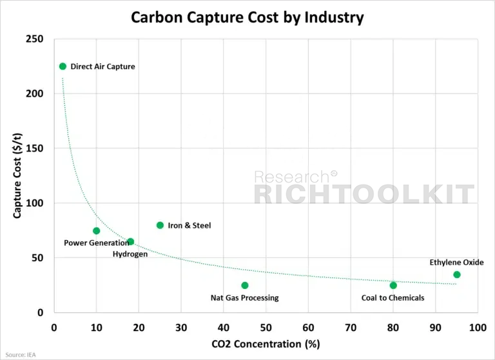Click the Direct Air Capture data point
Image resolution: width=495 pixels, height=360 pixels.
[63, 66]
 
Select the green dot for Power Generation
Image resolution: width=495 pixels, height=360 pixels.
[97, 231]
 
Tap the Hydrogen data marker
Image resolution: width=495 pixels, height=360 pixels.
[130, 242]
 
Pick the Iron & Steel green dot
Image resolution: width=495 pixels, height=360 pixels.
[160, 225]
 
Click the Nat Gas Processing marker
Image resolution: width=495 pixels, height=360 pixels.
[245, 285]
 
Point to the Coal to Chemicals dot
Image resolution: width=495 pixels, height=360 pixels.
[393, 285]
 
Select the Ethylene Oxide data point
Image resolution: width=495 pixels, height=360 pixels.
[457, 275]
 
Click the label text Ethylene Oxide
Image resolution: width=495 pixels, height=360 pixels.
[456, 263]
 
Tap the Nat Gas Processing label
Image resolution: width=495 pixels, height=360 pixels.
[245, 297]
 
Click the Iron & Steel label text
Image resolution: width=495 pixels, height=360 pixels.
[189, 225]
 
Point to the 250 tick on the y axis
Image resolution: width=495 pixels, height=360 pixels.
[34, 39]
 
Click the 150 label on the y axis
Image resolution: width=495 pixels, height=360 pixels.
[34, 148]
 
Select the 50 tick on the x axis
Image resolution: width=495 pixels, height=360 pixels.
[266, 328]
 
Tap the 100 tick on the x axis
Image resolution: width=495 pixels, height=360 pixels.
[478, 328]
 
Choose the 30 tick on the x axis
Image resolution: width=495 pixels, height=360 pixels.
[181, 328]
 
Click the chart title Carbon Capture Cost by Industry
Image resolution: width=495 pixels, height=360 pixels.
[247, 17]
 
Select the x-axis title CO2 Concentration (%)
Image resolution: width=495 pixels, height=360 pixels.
[266, 344]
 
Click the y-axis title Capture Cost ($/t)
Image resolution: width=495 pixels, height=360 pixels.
[17, 175]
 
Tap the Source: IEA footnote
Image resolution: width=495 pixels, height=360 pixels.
[21, 355]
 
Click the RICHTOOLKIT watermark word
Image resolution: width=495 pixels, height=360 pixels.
[364, 194]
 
